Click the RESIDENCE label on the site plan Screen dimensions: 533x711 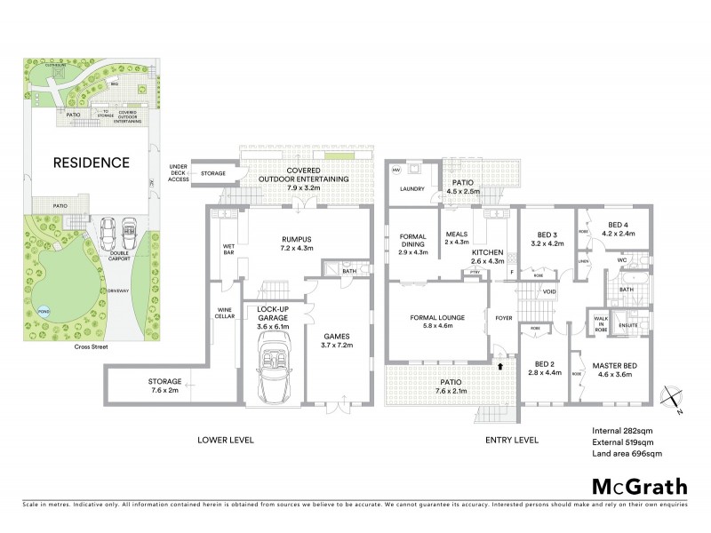(91, 163)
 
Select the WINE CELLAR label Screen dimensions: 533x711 (224, 314)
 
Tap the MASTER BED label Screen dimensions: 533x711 (612, 369)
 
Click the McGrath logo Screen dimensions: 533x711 (639, 487)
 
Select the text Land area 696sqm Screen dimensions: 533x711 (626, 453)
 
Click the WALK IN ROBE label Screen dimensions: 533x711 (601, 324)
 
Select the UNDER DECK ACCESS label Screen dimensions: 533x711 (179, 173)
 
